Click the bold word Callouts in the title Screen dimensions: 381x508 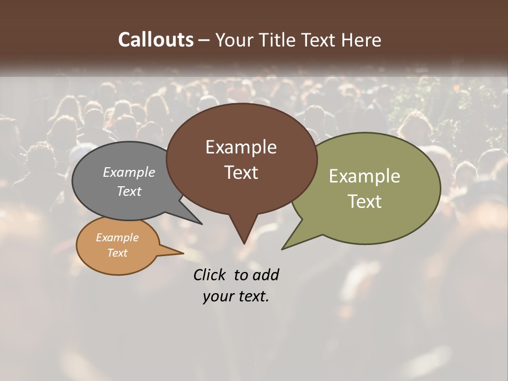pyautogui.click(x=156, y=40)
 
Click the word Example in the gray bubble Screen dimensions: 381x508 pyautogui.click(x=129, y=172)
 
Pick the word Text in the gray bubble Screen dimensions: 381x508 pyautogui.click(x=129, y=191)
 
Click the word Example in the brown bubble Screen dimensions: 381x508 pyautogui.click(x=241, y=147)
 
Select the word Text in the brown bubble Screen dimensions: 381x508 pyautogui.click(x=241, y=173)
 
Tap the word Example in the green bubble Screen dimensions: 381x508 pyautogui.click(x=365, y=176)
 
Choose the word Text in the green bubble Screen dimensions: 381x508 pyautogui.click(x=365, y=202)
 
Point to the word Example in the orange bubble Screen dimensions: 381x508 pyautogui.click(x=117, y=238)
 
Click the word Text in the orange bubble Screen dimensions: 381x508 pyautogui.click(x=117, y=253)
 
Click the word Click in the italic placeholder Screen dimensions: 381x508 pyautogui.click(x=210, y=275)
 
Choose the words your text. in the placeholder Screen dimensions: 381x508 pyautogui.click(x=236, y=296)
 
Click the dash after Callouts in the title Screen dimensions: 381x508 pyautogui.click(x=205, y=40)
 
